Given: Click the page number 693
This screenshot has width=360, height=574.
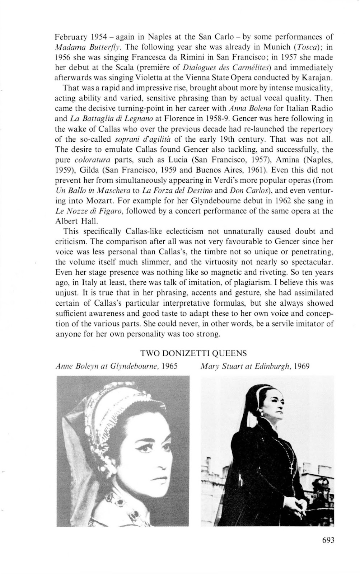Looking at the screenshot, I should tap(328, 540).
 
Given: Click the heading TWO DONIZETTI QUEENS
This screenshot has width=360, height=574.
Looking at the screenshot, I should tap(193, 353).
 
